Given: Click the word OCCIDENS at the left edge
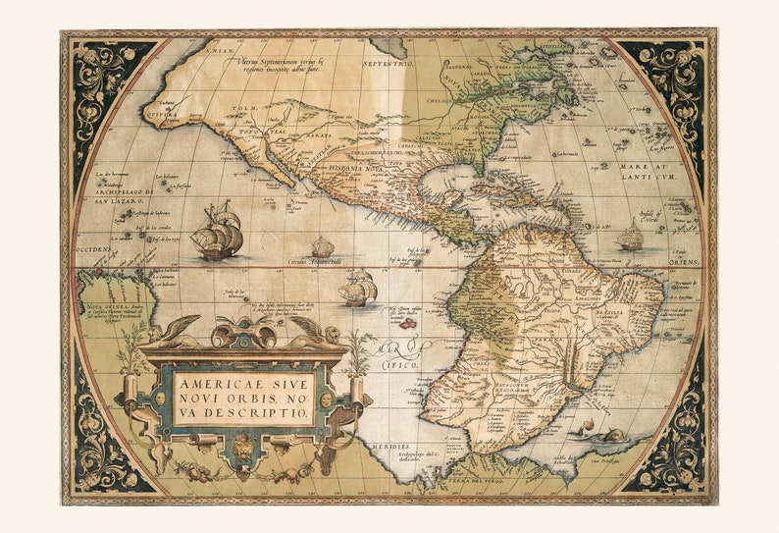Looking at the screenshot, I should (x=94, y=249).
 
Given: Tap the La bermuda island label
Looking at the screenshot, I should (x=569, y=153).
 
